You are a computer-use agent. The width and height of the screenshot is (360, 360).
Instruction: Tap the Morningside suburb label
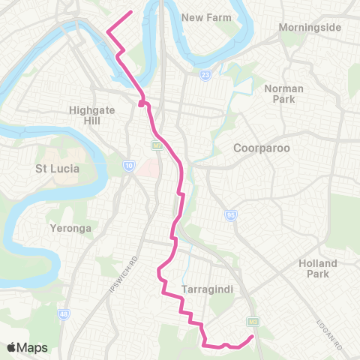pyautogui.click(x=310, y=28)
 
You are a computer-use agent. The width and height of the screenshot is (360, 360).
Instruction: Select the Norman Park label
pyautogui.click(x=283, y=94)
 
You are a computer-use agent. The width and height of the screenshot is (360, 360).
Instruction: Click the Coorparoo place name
pyautogui.click(x=262, y=148)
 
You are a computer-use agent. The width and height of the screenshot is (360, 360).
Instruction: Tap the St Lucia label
pyautogui.click(x=57, y=169)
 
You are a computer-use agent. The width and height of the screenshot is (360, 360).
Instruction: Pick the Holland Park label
pyautogui.click(x=318, y=269)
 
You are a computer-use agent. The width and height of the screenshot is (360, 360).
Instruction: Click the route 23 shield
pyautogui.click(x=204, y=75)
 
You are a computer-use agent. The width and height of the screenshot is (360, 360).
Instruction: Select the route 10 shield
pyautogui.click(x=129, y=165)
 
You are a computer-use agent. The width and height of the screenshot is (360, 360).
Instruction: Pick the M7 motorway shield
pyautogui.click(x=156, y=145)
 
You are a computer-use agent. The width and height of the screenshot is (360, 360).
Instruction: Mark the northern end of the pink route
pyautogui.click(x=132, y=11)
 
